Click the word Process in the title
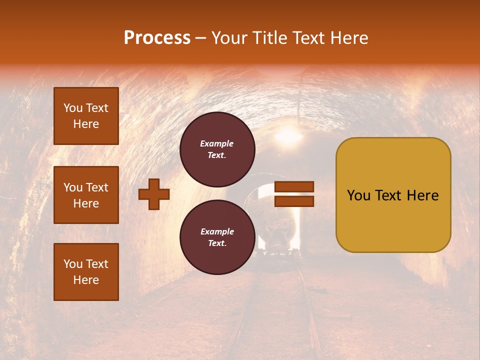tap(157, 38)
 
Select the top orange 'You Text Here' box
tap(86, 116)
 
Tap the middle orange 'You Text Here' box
tap(86, 195)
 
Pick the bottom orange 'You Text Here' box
tap(86, 272)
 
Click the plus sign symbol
tap(154, 194)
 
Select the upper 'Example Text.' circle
tap(217, 149)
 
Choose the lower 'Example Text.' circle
tap(217, 237)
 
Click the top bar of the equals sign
tap(294, 187)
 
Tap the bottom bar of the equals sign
tap(294, 201)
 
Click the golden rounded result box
tap(393, 195)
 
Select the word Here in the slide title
tap(349, 38)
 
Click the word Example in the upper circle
tap(217, 143)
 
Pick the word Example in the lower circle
tap(217, 231)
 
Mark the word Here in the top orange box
tap(86, 124)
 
